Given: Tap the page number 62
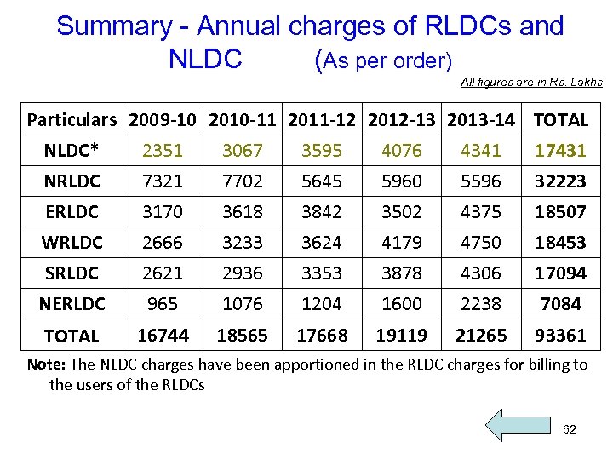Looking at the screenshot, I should (570, 429).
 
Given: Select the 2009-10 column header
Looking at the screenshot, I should (163, 120).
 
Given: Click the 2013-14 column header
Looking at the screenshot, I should (481, 120).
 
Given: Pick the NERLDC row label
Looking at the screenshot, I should (72, 304).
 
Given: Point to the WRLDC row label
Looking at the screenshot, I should (72, 243).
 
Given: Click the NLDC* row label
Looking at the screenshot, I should (72, 151).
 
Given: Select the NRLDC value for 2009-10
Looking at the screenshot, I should (163, 181).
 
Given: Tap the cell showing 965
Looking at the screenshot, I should (163, 304).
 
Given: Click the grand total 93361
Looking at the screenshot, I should (560, 336).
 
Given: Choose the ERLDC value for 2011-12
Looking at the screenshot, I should (322, 212).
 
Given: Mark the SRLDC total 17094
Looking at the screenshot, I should (560, 273).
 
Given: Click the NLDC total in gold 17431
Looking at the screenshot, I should (560, 151).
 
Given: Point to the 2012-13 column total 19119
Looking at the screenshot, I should (402, 336).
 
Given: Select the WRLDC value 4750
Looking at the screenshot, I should (481, 243).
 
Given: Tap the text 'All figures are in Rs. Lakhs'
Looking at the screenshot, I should (531, 83).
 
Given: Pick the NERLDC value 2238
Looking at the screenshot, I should (481, 304).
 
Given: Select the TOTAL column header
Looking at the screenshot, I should (560, 120).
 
